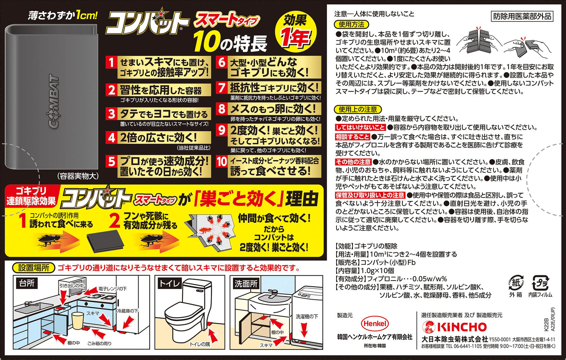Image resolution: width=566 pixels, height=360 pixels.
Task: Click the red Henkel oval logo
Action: [375, 323]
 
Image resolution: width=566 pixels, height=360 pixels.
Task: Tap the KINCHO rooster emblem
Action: [429, 327]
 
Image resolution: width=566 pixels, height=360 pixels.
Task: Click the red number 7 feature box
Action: [222, 88]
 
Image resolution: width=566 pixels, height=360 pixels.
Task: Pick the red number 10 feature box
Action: [222, 162]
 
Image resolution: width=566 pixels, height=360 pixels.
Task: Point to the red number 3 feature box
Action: [111, 114]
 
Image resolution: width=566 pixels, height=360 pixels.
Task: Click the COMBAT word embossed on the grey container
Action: [54, 101]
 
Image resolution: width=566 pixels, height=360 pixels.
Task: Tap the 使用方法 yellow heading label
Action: [351, 25]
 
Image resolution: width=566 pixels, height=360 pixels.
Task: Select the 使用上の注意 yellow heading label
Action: [358, 109]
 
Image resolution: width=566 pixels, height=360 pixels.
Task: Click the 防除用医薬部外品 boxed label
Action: [522, 16]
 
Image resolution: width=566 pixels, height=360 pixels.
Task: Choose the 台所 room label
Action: [27, 283]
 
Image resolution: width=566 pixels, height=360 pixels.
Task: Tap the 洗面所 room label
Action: [246, 284]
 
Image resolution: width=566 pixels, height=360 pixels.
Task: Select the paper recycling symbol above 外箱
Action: [515, 283]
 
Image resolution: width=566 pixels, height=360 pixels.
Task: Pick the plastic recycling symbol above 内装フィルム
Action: [540, 283]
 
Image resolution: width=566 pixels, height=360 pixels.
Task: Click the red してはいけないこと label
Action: [360, 127]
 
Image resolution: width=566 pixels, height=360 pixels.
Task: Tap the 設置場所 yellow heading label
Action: [34, 268]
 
